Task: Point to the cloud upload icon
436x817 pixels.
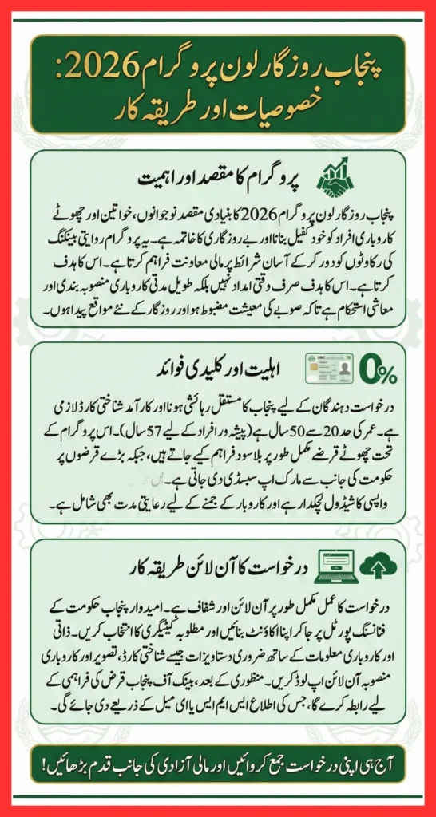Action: point(375,566)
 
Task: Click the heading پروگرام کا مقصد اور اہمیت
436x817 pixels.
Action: point(224,176)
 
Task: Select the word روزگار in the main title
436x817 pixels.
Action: point(285,73)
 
